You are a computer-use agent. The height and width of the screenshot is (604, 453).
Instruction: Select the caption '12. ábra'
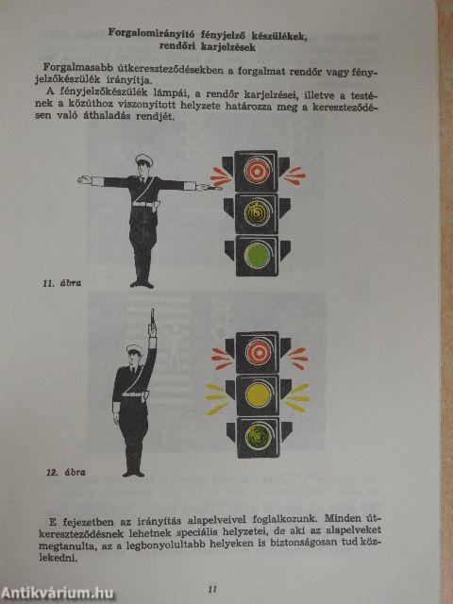click(x=60, y=470)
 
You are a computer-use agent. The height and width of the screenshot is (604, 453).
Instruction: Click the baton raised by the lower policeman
click(x=151, y=322)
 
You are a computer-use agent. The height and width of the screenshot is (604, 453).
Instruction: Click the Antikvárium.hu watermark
click(x=59, y=593)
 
